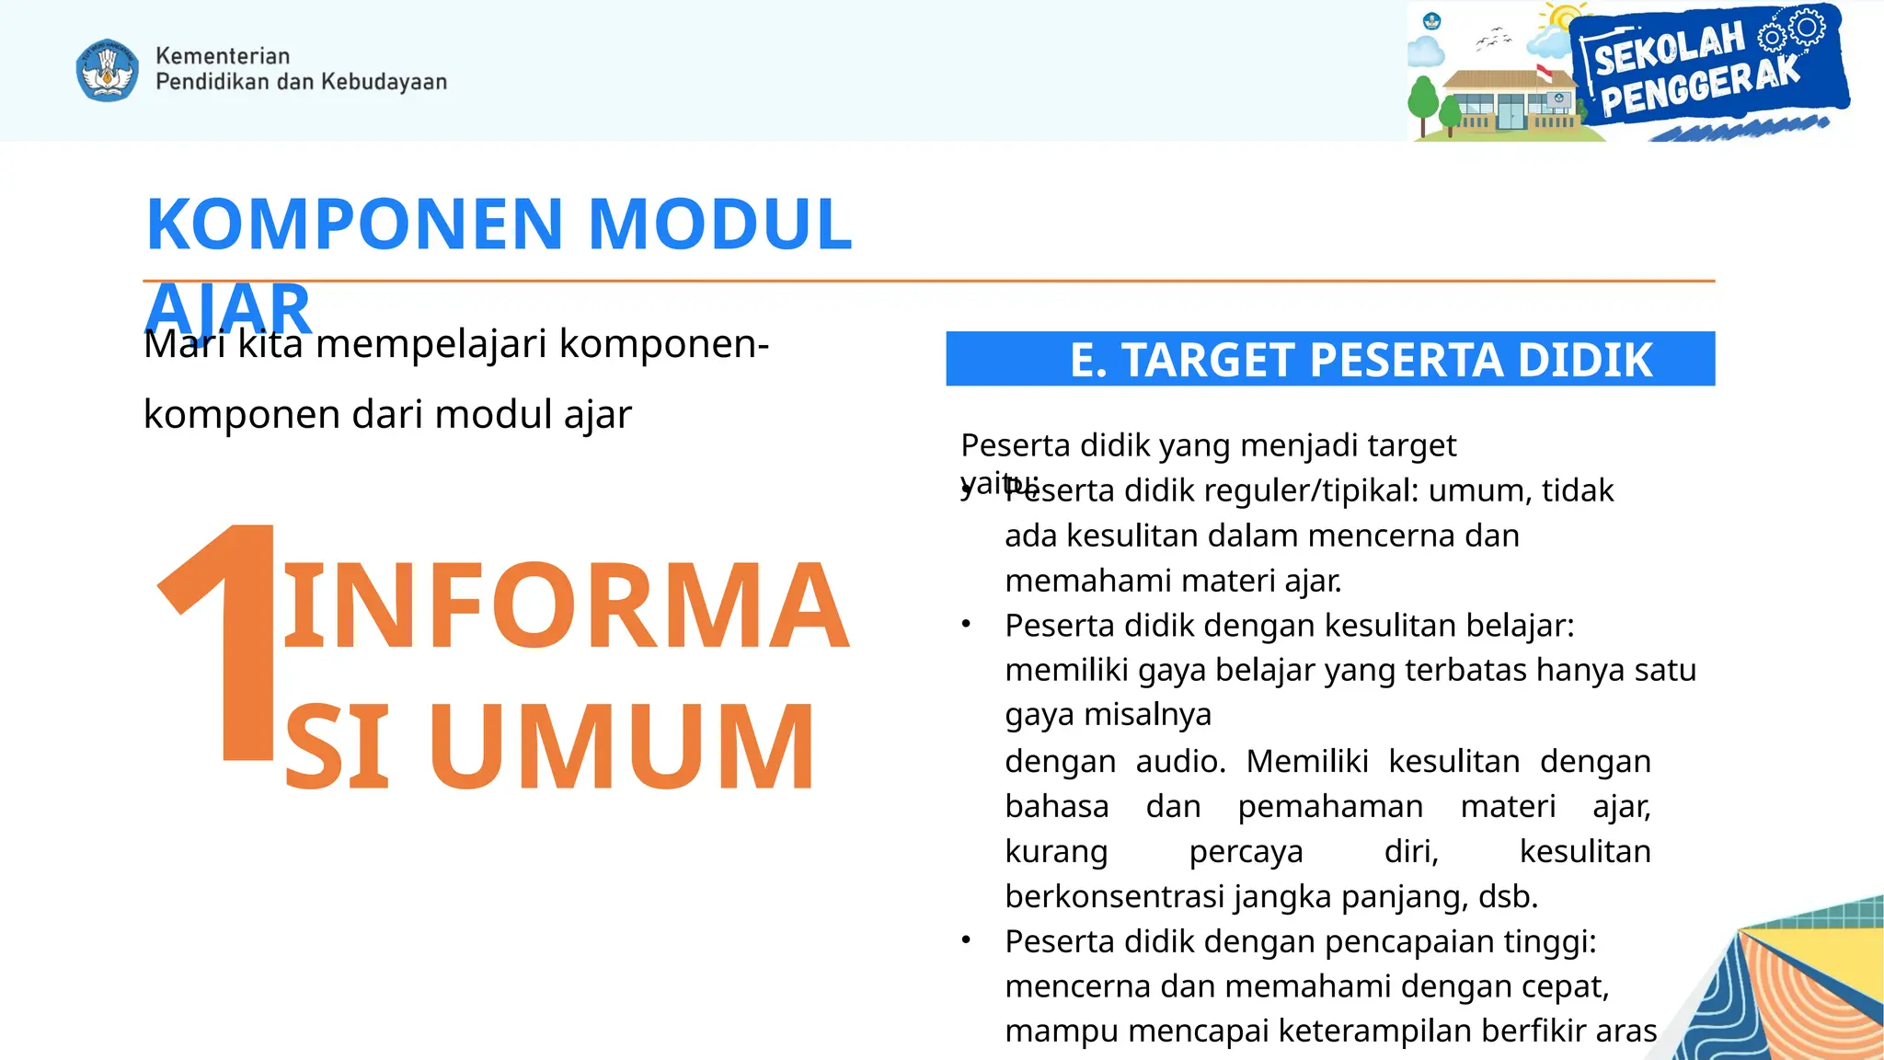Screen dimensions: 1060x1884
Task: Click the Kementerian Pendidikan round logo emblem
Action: tap(108, 70)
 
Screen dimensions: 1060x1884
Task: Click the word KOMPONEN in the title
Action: tap(354, 225)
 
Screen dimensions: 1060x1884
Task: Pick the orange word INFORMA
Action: tap(565, 606)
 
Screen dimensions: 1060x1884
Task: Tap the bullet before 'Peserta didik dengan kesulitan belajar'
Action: tap(966, 625)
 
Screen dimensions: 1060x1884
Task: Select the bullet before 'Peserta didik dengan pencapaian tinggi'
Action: tap(966, 940)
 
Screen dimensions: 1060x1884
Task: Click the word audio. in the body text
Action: tap(1180, 762)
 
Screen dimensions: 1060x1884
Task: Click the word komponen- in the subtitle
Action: tap(663, 344)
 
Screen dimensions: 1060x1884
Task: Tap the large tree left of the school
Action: tap(1423, 100)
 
